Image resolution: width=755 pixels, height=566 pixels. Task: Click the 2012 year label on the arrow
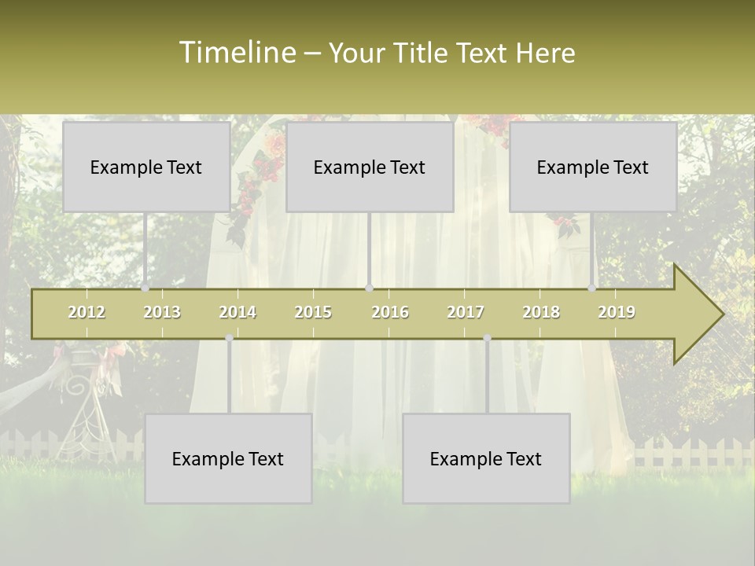click(x=87, y=312)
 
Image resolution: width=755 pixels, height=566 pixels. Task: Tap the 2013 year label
click(x=162, y=312)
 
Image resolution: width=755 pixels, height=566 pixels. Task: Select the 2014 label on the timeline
click(x=238, y=312)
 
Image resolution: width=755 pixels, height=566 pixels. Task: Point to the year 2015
click(x=313, y=312)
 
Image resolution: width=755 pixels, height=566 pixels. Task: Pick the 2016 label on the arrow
click(x=390, y=312)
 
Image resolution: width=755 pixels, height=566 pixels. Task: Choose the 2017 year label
click(x=466, y=312)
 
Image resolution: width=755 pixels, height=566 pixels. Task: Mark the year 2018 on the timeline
click(x=541, y=312)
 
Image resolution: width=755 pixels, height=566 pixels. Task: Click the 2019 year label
click(x=617, y=312)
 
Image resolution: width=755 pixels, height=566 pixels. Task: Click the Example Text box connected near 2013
click(x=146, y=167)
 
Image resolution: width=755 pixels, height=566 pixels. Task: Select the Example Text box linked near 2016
click(x=370, y=167)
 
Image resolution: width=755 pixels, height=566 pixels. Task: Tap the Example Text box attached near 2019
click(x=593, y=167)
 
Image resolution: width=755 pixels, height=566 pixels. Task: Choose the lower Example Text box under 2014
click(x=228, y=458)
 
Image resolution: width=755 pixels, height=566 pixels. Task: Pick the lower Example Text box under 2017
click(x=486, y=458)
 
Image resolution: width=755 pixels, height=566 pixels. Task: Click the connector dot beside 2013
click(x=145, y=289)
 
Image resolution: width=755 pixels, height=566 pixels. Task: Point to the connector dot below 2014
click(x=229, y=338)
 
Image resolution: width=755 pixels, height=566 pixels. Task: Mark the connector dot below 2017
click(x=487, y=338)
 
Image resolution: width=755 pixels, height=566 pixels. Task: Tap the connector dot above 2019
click(x=592, y=289)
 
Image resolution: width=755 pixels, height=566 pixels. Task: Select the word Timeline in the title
click(x=238, y=53)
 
